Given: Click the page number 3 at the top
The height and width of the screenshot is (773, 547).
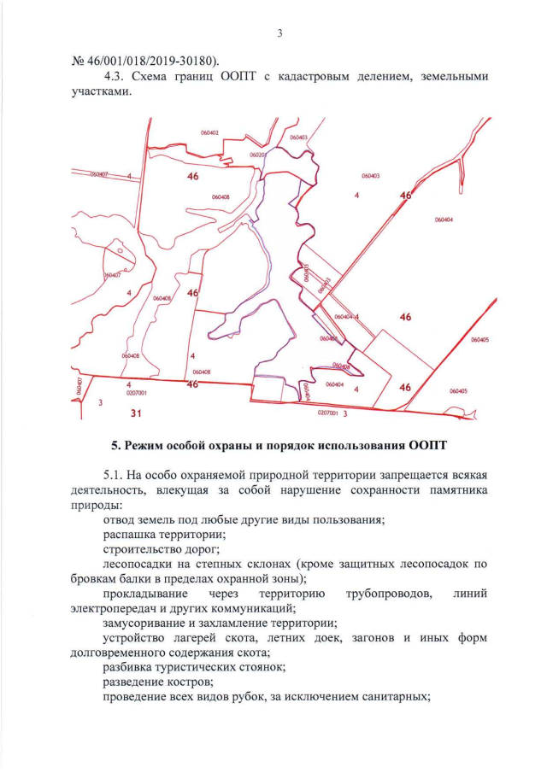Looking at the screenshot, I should [279, 33].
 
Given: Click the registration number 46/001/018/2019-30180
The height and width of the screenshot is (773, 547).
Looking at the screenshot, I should [150, 60].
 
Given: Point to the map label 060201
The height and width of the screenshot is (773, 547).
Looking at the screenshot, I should [258, 155].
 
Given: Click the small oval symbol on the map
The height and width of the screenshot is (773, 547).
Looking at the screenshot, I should [121, 252].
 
